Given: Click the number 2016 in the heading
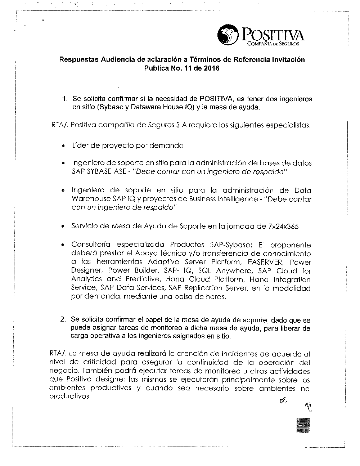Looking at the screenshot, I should click(x=211, y=68).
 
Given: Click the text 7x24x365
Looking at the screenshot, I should click(x=283, y=227).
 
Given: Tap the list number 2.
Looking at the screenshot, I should click(x=63, y=319).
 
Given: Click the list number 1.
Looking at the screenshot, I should click(x=64, y=99).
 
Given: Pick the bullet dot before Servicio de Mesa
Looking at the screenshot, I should click(x=63, y=227).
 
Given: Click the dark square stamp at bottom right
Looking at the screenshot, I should click(x=303, y=425).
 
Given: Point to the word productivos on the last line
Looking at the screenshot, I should click(x=68, y=396).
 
